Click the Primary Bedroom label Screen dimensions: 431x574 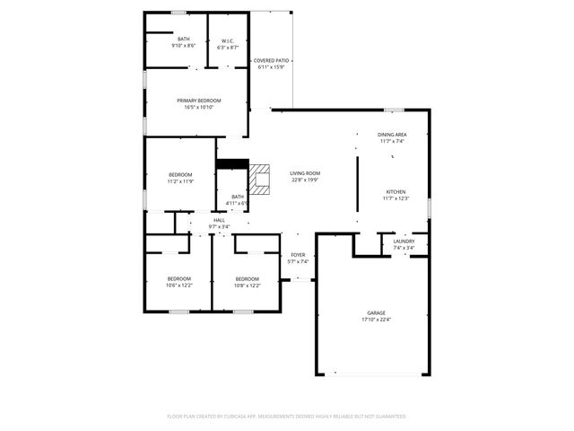tap(198, 101)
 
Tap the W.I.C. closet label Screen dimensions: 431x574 tap(228, 40)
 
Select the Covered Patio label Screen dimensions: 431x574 tap(270, 61)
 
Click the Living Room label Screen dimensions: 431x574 tap(305, 173)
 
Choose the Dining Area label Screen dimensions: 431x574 tap(392, 135)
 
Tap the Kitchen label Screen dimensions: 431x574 tap(396, 192)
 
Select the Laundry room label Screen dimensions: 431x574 tap(404, 241)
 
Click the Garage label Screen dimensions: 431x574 tap(376, 312)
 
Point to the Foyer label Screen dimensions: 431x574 tap(299, 255)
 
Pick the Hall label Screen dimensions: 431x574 tap(219, 220)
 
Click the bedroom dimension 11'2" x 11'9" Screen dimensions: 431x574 tap(180, 181)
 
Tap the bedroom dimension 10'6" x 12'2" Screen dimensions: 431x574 tap(178, 286)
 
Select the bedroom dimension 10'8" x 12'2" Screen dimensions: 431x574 tap(247, 286)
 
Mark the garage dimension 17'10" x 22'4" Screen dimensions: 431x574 tap(376, 319)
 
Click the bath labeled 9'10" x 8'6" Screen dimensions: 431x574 tap(183, 42)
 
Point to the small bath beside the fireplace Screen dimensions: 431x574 tap(238, 199)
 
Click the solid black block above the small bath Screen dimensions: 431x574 tap(232, 163)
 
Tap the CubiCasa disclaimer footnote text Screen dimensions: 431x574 tap(287, 417)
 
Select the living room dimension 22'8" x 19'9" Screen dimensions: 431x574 tap(305, 180)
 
